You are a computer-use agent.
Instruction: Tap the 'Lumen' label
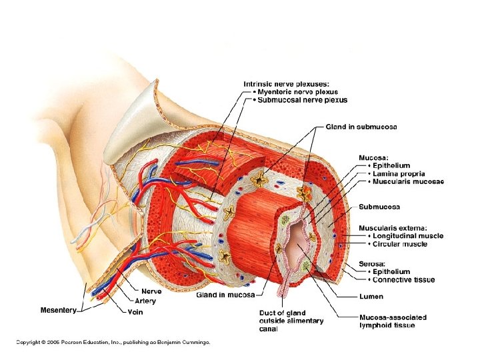pos(371,295)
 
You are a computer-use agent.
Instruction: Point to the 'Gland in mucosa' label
pos(226,295)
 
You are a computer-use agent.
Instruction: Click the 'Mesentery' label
pos(59,310)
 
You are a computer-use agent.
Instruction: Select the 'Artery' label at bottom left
pos(145,301)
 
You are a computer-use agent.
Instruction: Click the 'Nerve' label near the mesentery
pos(151,291)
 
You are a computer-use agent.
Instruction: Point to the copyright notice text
pos(113,343)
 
